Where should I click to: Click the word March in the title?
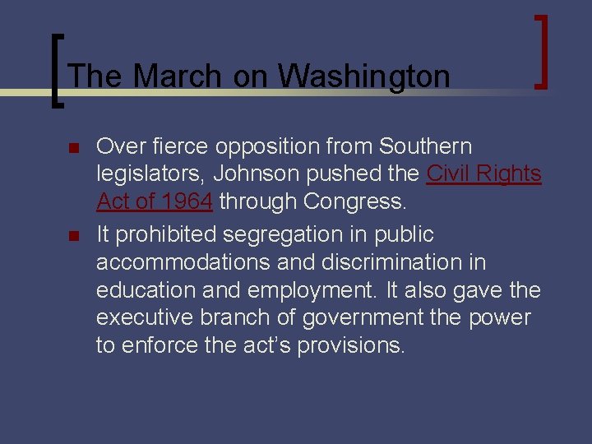[177, 76]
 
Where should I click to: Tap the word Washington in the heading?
[363, 76]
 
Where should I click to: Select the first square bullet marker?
[72, 149]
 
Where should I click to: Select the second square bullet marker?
[72, 237]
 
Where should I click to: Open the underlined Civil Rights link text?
[483, 174]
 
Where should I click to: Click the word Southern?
[425, 146]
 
